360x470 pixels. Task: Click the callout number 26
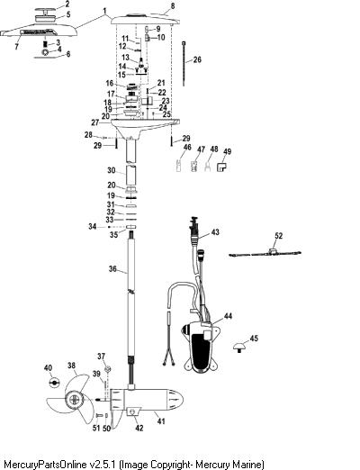point(197,59)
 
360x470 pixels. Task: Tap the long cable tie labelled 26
point(184,64)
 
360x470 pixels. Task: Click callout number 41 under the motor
point(161,421)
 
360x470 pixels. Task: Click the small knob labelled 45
point(239,348)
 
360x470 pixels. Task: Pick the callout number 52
point(279,236)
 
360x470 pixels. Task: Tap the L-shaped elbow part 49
point(221,167)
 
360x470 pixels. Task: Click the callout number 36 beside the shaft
point(112,268)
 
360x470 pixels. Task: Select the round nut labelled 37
point(108,368)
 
